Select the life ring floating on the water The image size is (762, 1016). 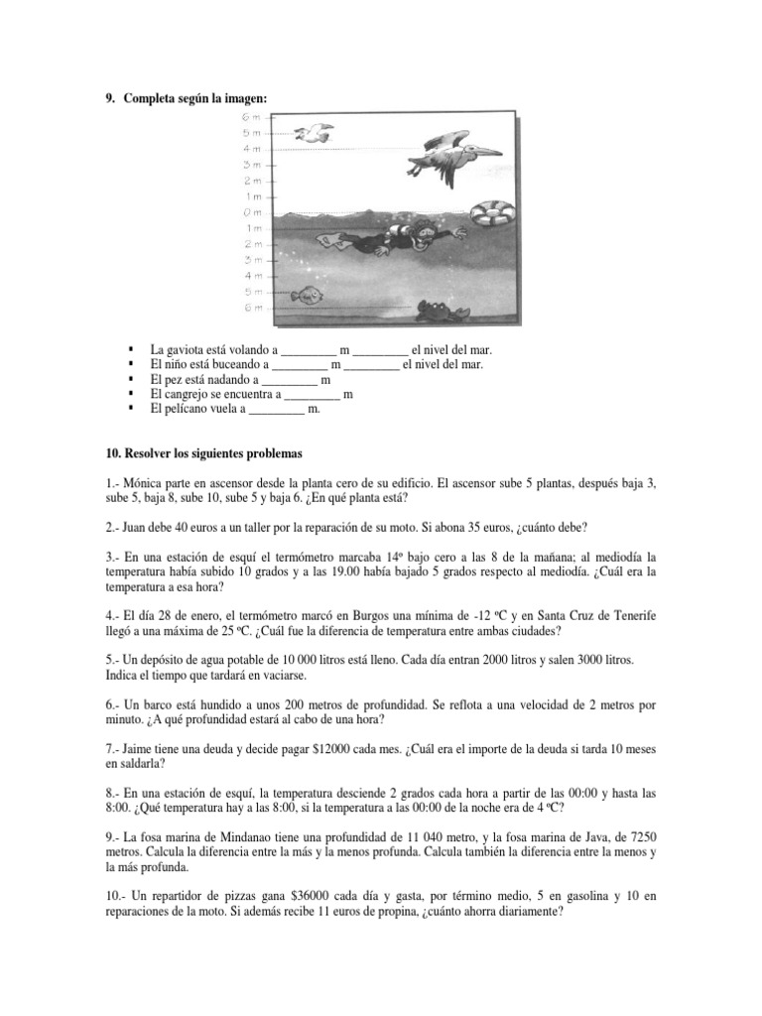click(x=491, y=212)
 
